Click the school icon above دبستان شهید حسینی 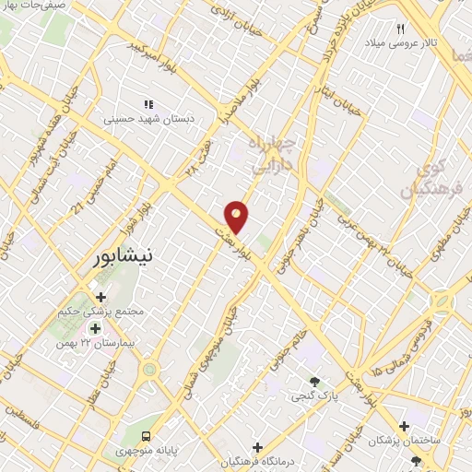tap(147, 104)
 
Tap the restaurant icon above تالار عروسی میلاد tap(401, 28)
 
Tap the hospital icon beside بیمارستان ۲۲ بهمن tap(94, 328)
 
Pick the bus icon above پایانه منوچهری tap(145, 436)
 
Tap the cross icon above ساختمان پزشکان tap(404, 426)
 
